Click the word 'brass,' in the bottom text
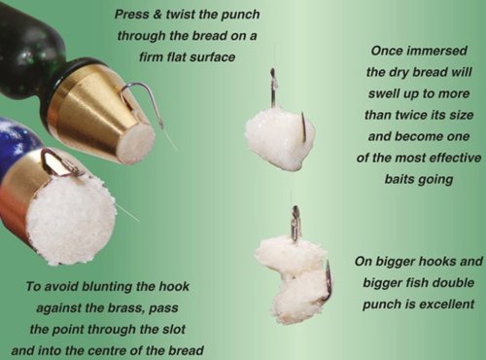pyautogui.click(x=124, y=307)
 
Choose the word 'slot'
pyautogui.click(x=173, y=329)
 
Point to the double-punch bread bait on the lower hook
pyautogui.click(x=292, y=279)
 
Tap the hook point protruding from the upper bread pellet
pyautogui.click(x=304, y=127)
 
